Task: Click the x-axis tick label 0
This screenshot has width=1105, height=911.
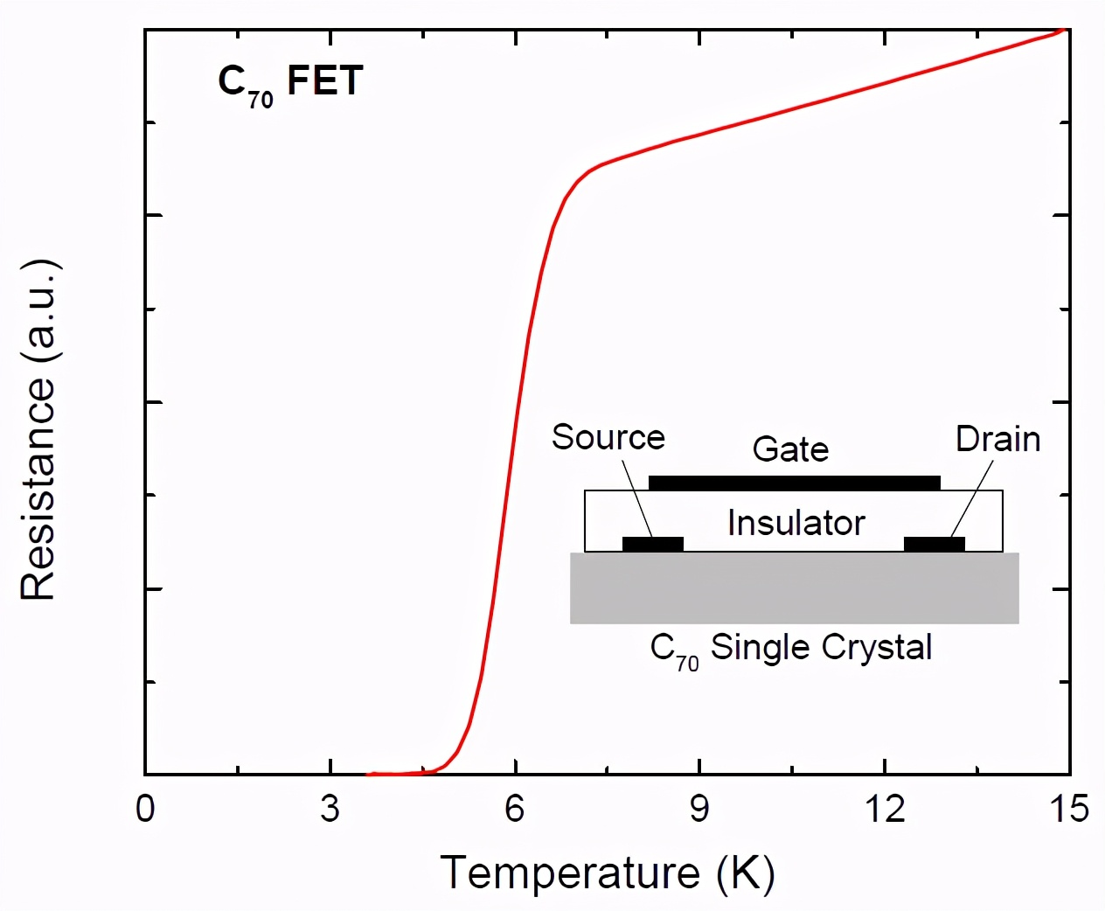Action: [x=145, y=809]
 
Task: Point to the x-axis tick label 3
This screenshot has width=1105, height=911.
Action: [x=330, y=809]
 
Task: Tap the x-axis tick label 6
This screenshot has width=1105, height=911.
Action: [x=515, y=809]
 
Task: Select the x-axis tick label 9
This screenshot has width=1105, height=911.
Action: [x=699, y=809]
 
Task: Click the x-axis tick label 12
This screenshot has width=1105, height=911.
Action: [x=885, y=809]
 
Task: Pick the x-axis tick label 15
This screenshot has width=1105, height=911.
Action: [x=1068, y=809]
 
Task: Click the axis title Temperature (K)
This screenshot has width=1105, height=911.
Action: [x=608, y=873]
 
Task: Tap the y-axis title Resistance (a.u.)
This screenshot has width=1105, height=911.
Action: [x=38, y=429]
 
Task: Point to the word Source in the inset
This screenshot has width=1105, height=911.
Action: [x=608, y=437]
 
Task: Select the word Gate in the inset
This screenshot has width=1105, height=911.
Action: [x=790, y=449]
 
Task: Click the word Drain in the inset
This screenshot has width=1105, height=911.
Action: [x=997, y=439]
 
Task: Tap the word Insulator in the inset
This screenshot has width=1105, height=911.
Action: [x=796, y=523]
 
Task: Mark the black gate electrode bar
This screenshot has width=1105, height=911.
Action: [x=794, y=483]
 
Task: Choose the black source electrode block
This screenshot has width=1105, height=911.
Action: [x=652, y=544]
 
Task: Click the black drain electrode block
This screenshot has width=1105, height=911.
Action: [x=934, y=544]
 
